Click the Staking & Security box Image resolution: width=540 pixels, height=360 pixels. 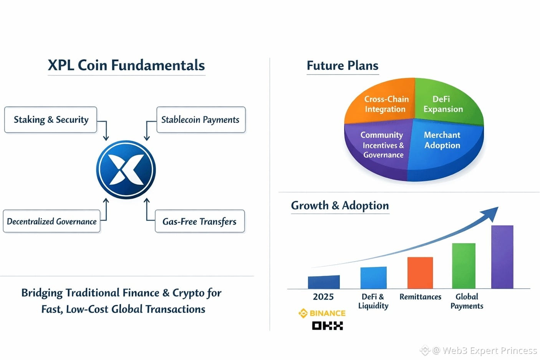(x=51, y=119)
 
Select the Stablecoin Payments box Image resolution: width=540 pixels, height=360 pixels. (x=201, y=119)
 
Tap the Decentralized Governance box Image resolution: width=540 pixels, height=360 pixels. (x=51, y=221)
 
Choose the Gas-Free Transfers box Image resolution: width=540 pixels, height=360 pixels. (x=200, y=221)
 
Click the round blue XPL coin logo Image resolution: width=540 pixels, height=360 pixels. (x=126, y=170)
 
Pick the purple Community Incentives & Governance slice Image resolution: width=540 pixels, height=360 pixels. (x=378, y=147)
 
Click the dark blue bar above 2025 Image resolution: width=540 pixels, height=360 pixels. (x=324, y=282)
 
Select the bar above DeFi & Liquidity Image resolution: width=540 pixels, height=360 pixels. (x=373, y=277)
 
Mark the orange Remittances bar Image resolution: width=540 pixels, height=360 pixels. (x=420, y=273)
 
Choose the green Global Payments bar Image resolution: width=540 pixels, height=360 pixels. (x=464, y=266)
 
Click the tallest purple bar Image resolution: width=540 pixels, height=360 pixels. (x=502, y=257)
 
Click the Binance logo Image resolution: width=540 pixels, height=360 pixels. (x=322, y=313)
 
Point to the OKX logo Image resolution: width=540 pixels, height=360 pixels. (x=327, y=325)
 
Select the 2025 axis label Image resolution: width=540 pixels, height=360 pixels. (x=323, y=297)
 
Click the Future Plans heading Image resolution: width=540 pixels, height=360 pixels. (x=343, y=66)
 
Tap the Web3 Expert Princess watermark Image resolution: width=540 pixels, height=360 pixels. (x=479, y=350)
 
